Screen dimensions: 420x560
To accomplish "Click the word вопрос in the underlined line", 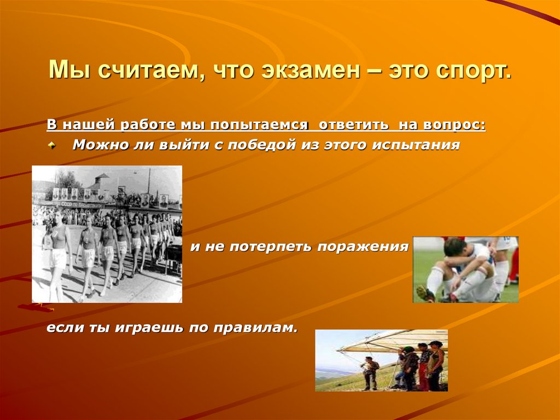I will pos(452,125).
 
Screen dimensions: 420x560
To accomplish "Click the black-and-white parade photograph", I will pos(107,234).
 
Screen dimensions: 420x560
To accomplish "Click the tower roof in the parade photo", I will pos(101,179).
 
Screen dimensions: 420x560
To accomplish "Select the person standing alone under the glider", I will pos(371,372).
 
